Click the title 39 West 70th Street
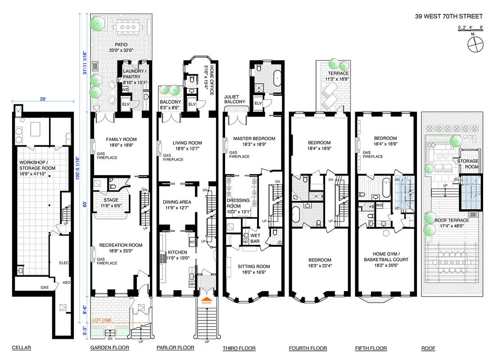[448, 17]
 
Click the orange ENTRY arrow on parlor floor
[207, 300]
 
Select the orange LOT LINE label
[101, 320]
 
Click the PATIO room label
[121, 45]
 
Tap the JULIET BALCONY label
[235, 99]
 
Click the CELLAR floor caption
[22, 348]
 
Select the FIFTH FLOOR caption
[371, 348]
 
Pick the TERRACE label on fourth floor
[338, 73]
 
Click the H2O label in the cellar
[66, 283]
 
